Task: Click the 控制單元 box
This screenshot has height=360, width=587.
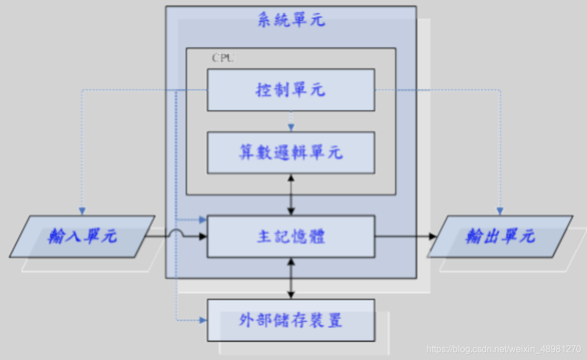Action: (x=290, y=90)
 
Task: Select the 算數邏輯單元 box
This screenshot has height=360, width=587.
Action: (x=290, y=152)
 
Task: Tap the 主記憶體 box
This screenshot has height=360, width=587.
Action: (x=290, y=236)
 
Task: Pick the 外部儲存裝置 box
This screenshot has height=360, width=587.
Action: (x=290, y=320)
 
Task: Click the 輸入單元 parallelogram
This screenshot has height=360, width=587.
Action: (x=82, y=237)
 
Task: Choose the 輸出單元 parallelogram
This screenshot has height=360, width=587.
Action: (x=500, y=237)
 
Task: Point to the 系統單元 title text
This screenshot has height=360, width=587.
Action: (x=291, y=20)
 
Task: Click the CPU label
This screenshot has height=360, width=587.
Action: (x=222, y=58)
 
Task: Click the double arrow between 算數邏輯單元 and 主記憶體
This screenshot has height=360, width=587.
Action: (x=291, y=194)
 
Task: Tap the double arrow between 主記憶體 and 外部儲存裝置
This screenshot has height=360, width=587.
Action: (x=291, y=278)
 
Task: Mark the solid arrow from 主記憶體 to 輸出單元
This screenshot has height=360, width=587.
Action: (x=404, y=236)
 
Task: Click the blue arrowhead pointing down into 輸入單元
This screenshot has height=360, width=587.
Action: (x=82, y=211)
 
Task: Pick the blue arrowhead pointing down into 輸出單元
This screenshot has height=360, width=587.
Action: (x=500, y=211)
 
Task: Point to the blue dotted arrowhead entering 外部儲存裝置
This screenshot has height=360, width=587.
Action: (x=202, y=320)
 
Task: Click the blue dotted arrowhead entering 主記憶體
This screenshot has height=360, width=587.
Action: (x=202, y=220)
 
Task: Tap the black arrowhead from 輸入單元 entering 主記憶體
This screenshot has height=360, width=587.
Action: (x=202, y=236)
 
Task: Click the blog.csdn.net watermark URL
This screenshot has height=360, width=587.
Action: (x=503, y=349)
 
